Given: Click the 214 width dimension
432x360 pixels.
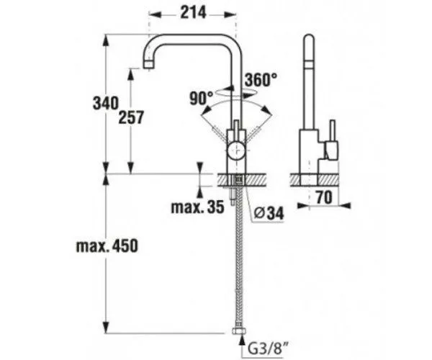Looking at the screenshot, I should point(192,12).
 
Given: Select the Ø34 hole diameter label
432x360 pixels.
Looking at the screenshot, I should point(269,212).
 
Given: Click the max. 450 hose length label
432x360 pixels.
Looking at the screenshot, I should point(107,247).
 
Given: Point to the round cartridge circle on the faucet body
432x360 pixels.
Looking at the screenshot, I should point(235,150).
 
